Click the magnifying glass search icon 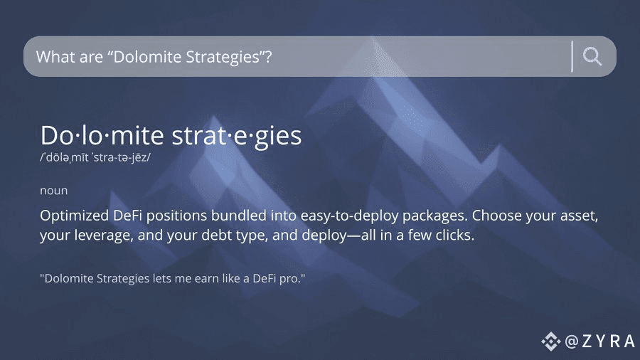click(592, 56)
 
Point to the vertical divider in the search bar click(572, 56)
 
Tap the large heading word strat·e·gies click(236, 135)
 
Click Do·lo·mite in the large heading click(102, 135)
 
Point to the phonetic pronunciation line click(95, 157)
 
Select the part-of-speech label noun click(54, 191)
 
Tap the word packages click(435, 216)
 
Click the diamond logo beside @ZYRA click(551, 342)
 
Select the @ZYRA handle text click(600, 342)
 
